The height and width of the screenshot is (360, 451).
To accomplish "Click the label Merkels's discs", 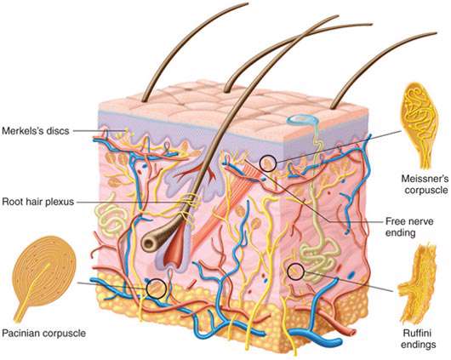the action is [x=36, y=131].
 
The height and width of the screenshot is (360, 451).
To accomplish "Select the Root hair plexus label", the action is [x=38, y=202].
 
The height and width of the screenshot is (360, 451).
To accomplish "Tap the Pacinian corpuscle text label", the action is [x=43, y=334].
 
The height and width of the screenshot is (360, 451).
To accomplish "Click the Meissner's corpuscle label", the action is [x=425, y=184].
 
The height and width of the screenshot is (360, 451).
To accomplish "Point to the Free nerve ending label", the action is [x=408, y=226].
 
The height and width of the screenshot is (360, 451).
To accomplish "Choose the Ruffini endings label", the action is [x=418, y=339].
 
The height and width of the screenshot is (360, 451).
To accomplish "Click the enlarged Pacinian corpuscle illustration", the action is [x=43, y=277].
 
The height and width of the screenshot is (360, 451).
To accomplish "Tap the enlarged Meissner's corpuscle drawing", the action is [x=420, y=124].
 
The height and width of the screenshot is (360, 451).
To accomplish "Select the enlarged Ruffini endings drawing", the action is [x=417, y=285].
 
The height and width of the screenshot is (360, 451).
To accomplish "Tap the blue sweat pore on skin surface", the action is [x=302, y=119].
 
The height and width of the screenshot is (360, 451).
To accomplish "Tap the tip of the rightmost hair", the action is [x=436, y=33].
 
